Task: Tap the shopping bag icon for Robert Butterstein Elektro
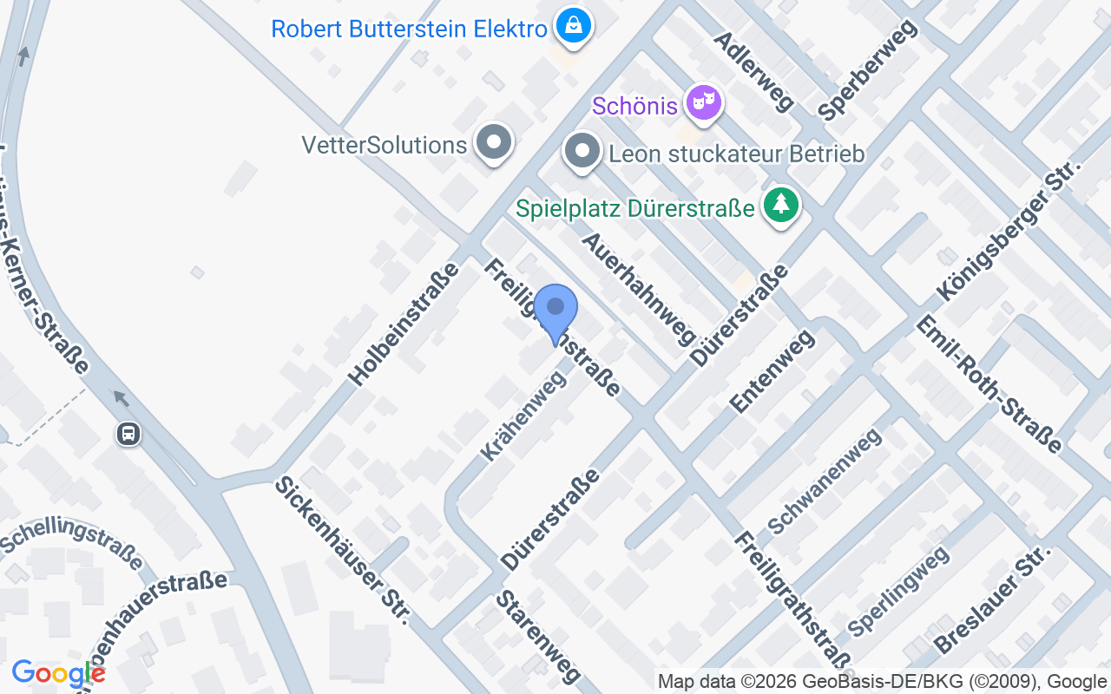[574, 26]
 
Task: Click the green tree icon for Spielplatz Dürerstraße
[781, 206]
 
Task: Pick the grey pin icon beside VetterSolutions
[495, 142]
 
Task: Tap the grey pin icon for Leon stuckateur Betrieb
[582, 153]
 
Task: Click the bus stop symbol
[128, 433]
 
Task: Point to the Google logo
[58, 673]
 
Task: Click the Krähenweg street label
[523, 415]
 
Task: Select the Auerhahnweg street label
[639, 288]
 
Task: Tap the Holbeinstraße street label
[404, 324]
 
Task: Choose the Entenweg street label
[772, 370]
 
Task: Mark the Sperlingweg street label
[898, 592]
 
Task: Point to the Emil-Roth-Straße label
[989, 383]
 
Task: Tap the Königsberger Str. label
[1009, 231]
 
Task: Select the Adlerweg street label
[753, 72]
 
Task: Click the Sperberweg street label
[867, 69]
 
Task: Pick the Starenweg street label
[538, 638]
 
